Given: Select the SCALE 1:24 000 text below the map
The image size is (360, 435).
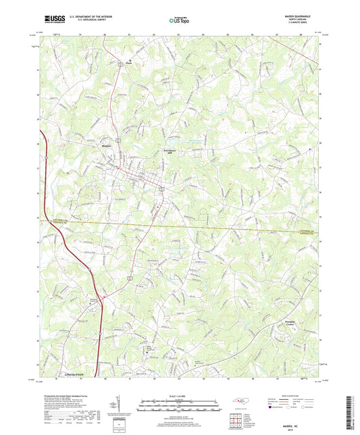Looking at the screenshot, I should pos(180,396).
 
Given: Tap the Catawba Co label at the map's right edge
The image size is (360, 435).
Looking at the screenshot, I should pos(308,222).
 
